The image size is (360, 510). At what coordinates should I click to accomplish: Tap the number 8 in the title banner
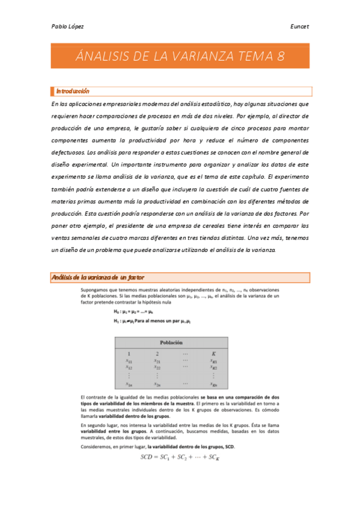pyautogui.click(x=280, y=57)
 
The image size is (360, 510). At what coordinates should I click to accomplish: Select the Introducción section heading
pyautogui.click(x=72, y=91)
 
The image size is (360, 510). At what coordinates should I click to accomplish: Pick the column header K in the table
pyautogui.click(x=213, y=354)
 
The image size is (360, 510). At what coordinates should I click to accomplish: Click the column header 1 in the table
pyautogui.click(x=129, y=354)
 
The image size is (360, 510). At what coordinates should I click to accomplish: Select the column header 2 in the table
pyautogui.click(x=157, y=354)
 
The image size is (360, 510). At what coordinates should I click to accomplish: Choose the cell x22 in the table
pyautogui.click(x=157, y=366)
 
